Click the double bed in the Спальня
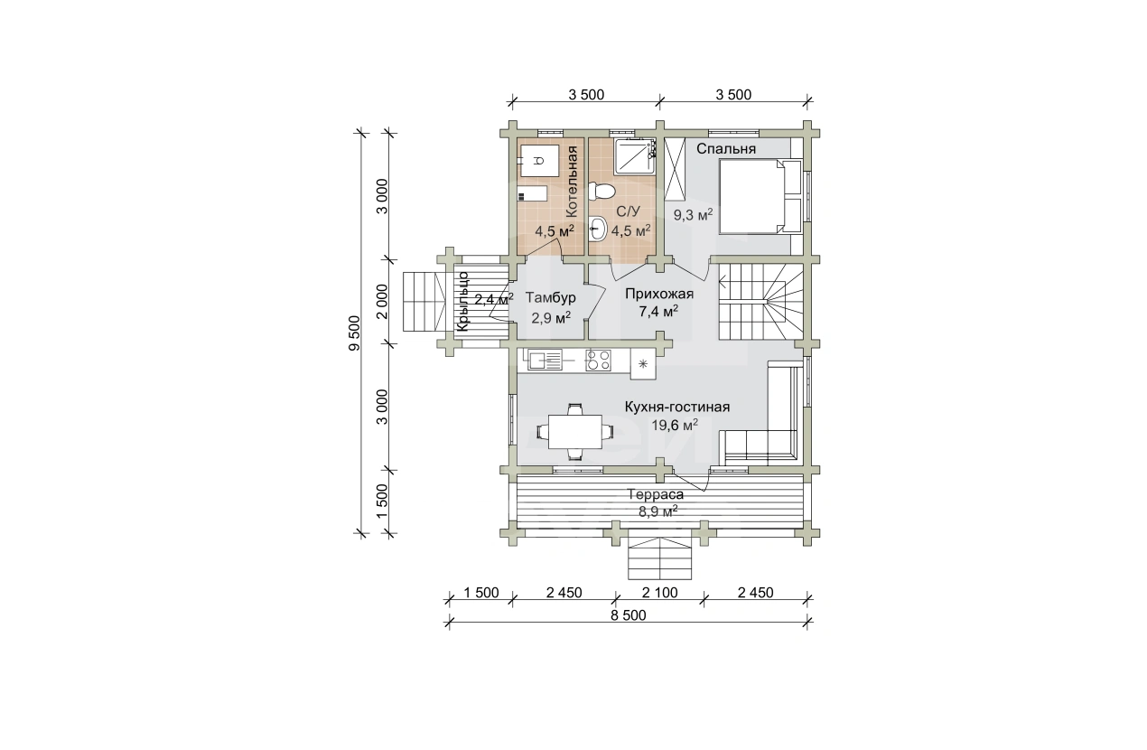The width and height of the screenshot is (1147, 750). tap(760, 196)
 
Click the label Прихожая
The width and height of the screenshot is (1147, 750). tap(659, 294)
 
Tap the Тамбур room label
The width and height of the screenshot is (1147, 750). tap(550, 297)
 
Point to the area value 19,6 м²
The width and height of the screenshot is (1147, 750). tap(675, 425)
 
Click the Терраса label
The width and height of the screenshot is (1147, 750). tap(656, 494)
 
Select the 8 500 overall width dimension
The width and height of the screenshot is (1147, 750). tap(629, 615)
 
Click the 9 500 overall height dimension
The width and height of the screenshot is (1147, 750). tap(354, 333)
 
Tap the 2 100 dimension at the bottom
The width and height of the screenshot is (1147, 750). tap(659, 593)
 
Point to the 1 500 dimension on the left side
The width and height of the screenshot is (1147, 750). tap(382, 502)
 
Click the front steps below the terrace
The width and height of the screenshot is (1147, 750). tap(659, 558)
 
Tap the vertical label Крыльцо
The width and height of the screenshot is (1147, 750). tap(462, 301)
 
